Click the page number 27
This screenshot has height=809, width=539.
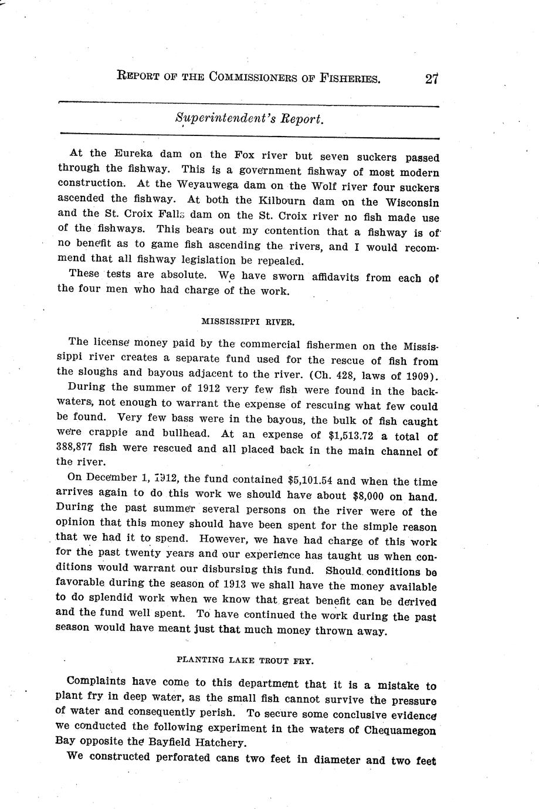432,79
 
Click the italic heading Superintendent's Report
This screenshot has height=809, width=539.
249,118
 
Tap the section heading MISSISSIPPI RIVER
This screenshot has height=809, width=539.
248,322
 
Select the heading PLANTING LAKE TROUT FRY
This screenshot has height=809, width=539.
245,660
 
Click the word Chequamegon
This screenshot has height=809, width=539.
398,730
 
